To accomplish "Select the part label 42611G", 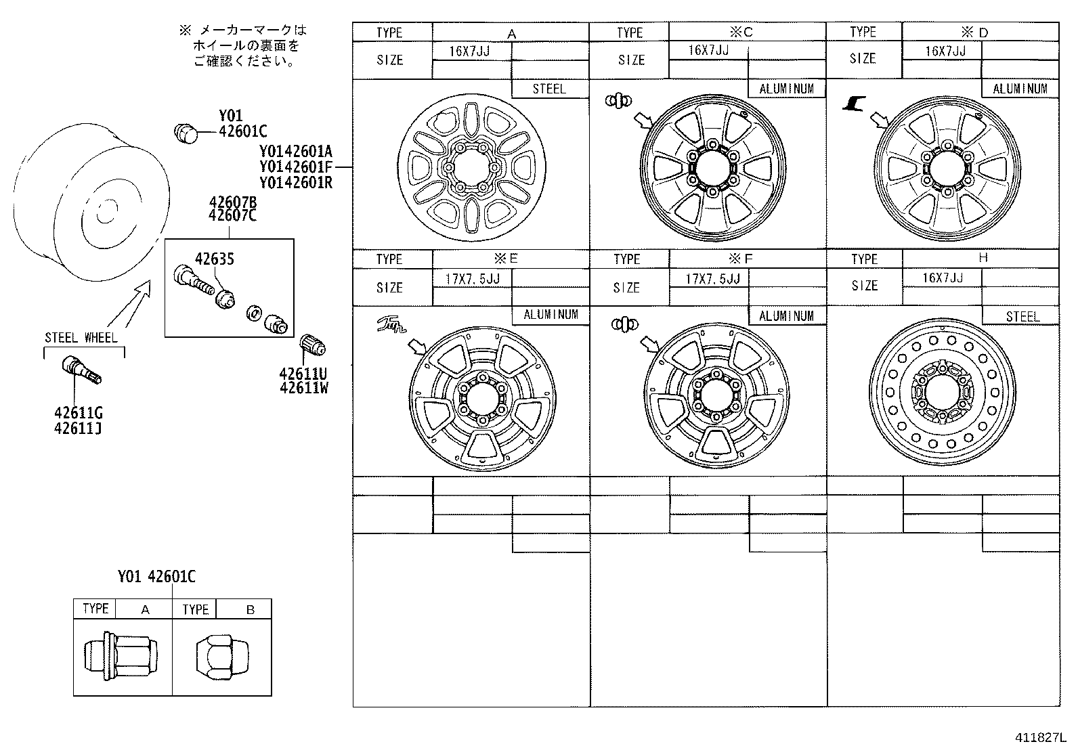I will tap(79, 413).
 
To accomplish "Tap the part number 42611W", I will tap(303, 388).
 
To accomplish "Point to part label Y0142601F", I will tap(295, 167).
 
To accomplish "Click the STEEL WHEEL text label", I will tap(81, 337).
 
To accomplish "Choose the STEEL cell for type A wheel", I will tap(549, 89).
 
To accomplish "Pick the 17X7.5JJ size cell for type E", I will tap(471, 278).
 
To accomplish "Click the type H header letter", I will tap(983, 258).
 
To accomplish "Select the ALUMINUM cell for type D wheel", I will tap(1020, 89).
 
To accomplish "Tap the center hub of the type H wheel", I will tap(943, 393).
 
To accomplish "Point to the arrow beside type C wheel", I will tap(641, 121).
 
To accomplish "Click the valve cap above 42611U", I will tap(313, 345).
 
